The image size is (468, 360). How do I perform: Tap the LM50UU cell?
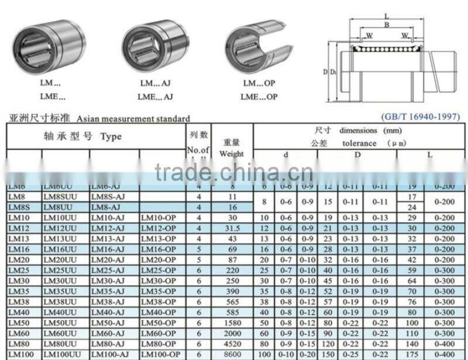pos(60,323)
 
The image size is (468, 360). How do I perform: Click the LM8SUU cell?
pos(60,197)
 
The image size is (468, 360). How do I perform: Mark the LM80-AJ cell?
pos(108,344)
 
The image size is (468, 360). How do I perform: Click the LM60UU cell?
pos(60,334)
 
